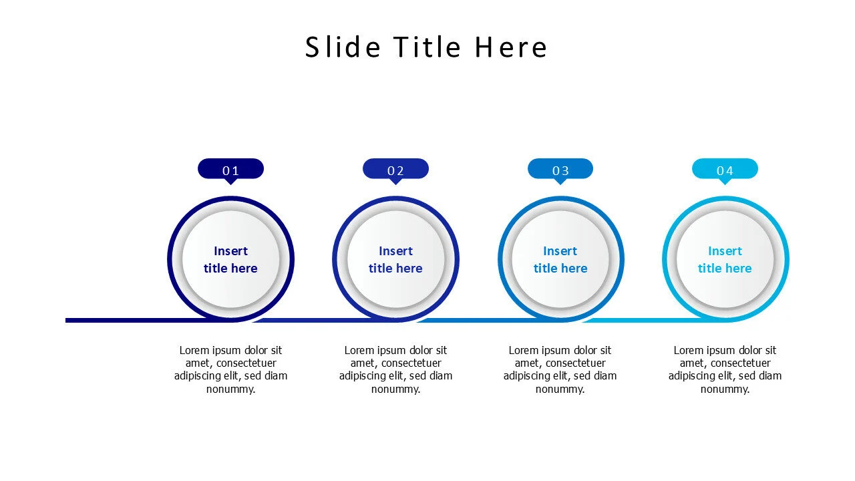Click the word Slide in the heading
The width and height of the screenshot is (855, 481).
click(x=343, y=47)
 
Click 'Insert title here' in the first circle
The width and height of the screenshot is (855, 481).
click(x=230, y=259)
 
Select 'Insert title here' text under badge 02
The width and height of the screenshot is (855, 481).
click(x=395, y=259)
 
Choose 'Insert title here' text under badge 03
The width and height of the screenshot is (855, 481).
click(x=560, y=259)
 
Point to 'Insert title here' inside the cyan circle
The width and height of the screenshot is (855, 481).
click(x=725, y=259)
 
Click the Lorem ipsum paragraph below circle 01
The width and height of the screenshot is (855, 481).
click(x=230, y=369)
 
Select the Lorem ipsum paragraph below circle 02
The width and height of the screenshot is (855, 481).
click(x=395, y=369)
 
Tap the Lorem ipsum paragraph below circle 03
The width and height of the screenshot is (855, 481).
click(x=560, y=369)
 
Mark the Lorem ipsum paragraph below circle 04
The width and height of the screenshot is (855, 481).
click(x=725, y=369)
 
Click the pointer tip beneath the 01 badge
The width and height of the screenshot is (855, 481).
click(x=230, y=182)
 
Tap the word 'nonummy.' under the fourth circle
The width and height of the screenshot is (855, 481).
click(x=725, y=389)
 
